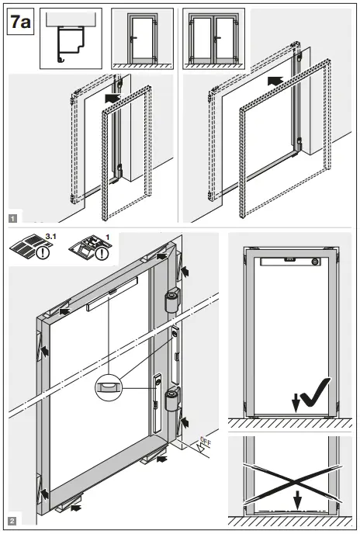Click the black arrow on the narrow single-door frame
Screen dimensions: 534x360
point(113,99)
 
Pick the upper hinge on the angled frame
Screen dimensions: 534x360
point(171,303)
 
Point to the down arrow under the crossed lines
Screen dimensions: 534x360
point(296,501)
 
